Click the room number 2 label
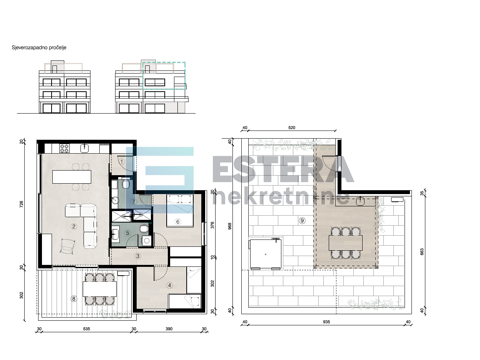(x=74, y=226)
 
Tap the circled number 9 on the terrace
(x=302, y=221)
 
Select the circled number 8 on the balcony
(x=74, y=298)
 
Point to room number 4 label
(x=169, y=285)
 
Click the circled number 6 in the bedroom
(x=178, y=221)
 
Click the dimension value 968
(x=230, y=227)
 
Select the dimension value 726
(x=22, y=204)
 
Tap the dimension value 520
(x=291, y=128)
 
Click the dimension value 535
(x=86, y=329)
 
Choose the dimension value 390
(x=169, y=329)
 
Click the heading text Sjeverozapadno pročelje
(x=39, y=48)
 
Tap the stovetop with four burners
(x=64, y=148)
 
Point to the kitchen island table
(x=72, y=177)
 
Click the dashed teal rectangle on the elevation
(x=164, y=75)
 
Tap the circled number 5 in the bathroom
(x=128, y=232)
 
